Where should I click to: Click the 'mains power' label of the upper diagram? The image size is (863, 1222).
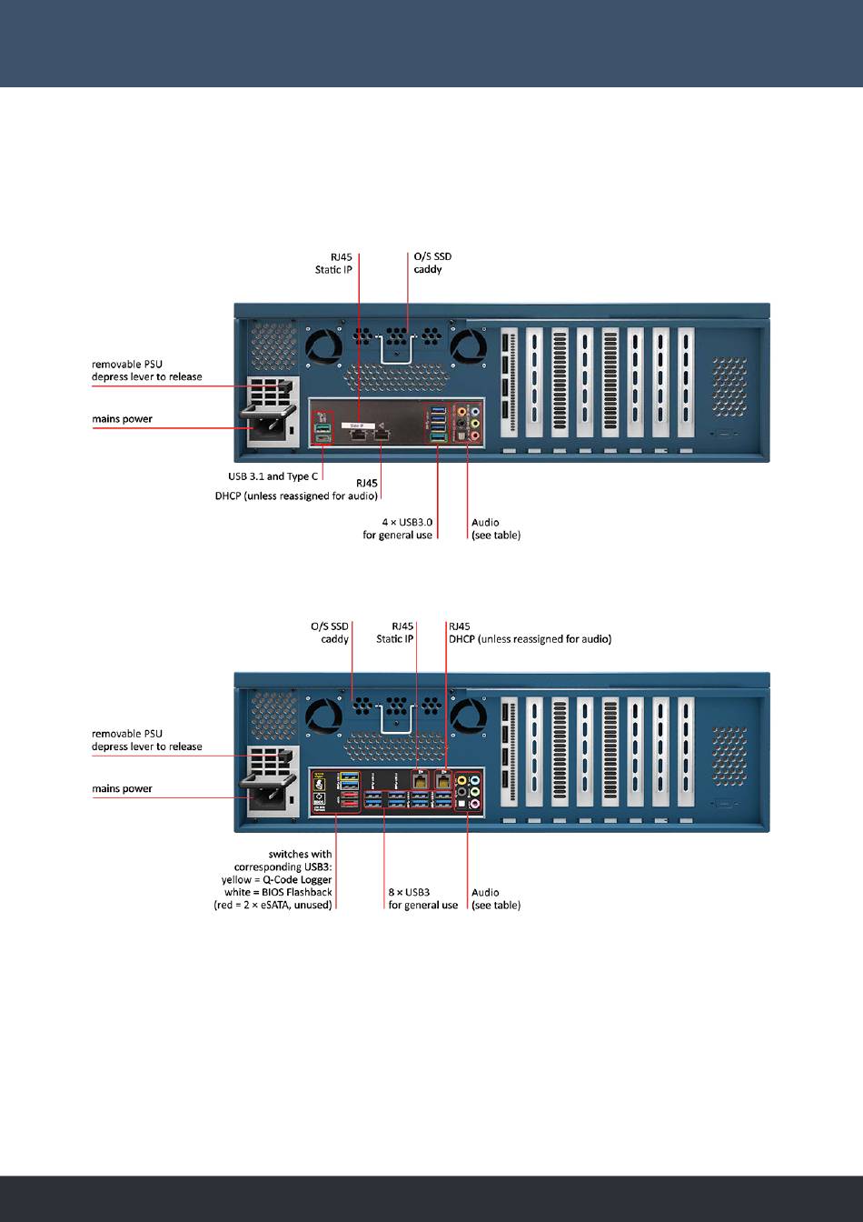[x=122, y=419]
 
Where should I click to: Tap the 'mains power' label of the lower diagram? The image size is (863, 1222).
[x=122, y=789]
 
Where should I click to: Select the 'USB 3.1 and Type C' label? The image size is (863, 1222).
[x=273, y=476]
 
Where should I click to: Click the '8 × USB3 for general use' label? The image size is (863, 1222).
[x=422, y=899]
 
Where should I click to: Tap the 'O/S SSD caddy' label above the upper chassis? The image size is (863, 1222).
[x=427, y=264]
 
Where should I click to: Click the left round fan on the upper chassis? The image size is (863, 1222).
[x=322, y=345]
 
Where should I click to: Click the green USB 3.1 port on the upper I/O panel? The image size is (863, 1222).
[x=322, y=426]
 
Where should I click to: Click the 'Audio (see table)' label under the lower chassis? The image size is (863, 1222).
[x=496, y=899]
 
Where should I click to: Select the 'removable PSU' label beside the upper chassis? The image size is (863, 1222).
[x=127, y=364]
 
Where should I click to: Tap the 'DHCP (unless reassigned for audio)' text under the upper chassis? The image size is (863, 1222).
[x=296, y=496]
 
